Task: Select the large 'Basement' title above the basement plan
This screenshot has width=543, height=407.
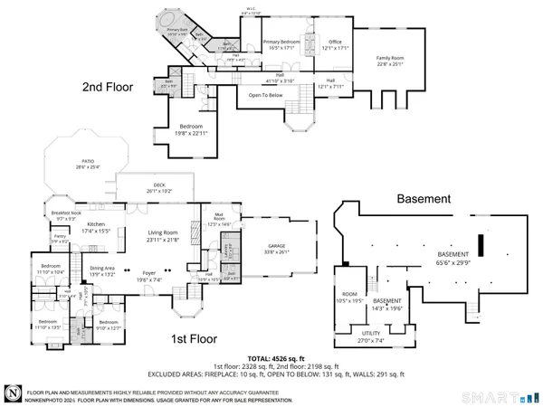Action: tap(423, 198)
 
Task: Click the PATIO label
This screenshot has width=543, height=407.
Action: tap(84, 163)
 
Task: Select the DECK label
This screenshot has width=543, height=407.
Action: tap(158, 187)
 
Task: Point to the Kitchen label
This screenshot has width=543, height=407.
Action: tap(97, 224)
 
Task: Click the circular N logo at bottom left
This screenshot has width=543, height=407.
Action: tap(13, 393)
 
